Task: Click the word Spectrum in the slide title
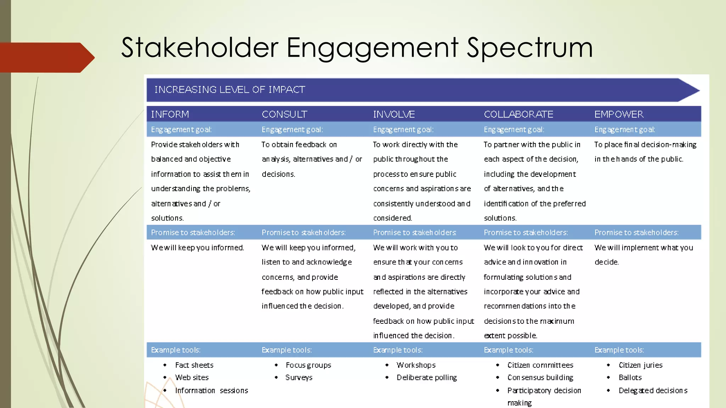pos(530,48)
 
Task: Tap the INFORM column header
pos(170,114)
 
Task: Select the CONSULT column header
pos(284,114)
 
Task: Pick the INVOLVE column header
pos(394,114)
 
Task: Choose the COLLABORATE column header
pos(518,114)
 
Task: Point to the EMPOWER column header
pos(619,114)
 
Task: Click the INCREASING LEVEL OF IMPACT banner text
pos(230,90)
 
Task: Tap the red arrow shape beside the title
pos(46,57)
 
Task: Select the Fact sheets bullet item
pos(194,365)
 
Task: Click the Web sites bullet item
pos(192,378)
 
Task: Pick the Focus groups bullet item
pos(308,365)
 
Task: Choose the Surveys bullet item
pos(299,378)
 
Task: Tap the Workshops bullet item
pos(416,365)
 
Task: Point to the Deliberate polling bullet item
pos(427,378)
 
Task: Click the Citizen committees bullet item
pos(540,365)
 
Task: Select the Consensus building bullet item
pos(540,378)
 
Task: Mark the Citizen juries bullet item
pos(640,365)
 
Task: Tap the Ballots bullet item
pos(630,378)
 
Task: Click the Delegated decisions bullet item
pos(653,391)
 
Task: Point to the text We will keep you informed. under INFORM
pos(197,248)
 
